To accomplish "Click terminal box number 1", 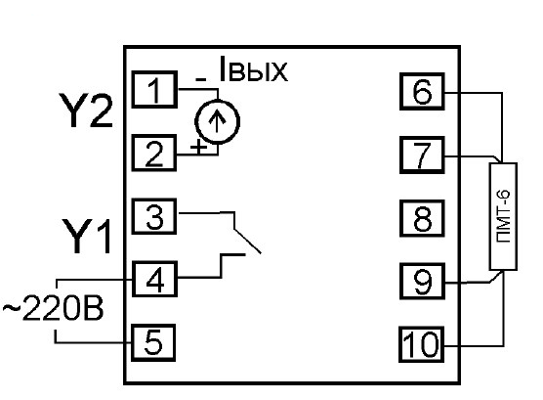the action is (154, 90).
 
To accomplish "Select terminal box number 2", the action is (154, 153).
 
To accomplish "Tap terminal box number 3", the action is (154, 216).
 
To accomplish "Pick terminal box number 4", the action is (154, 280).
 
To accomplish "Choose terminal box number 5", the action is (153, 342).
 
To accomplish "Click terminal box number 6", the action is (422, 92).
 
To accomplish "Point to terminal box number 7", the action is (422, 155).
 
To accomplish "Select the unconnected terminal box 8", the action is (422, 218).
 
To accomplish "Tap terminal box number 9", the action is (422, 282).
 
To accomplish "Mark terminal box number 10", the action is (422, 344).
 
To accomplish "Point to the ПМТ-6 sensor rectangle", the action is (503, 216).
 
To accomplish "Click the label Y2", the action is (86, 111).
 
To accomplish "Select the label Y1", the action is (87, 237).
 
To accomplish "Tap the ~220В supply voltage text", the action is (54, 309).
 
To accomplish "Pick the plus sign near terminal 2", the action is (198, 147).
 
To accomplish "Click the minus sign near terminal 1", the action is (201, 80).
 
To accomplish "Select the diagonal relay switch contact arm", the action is (247, 242).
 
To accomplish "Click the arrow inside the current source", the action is (217, 121).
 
